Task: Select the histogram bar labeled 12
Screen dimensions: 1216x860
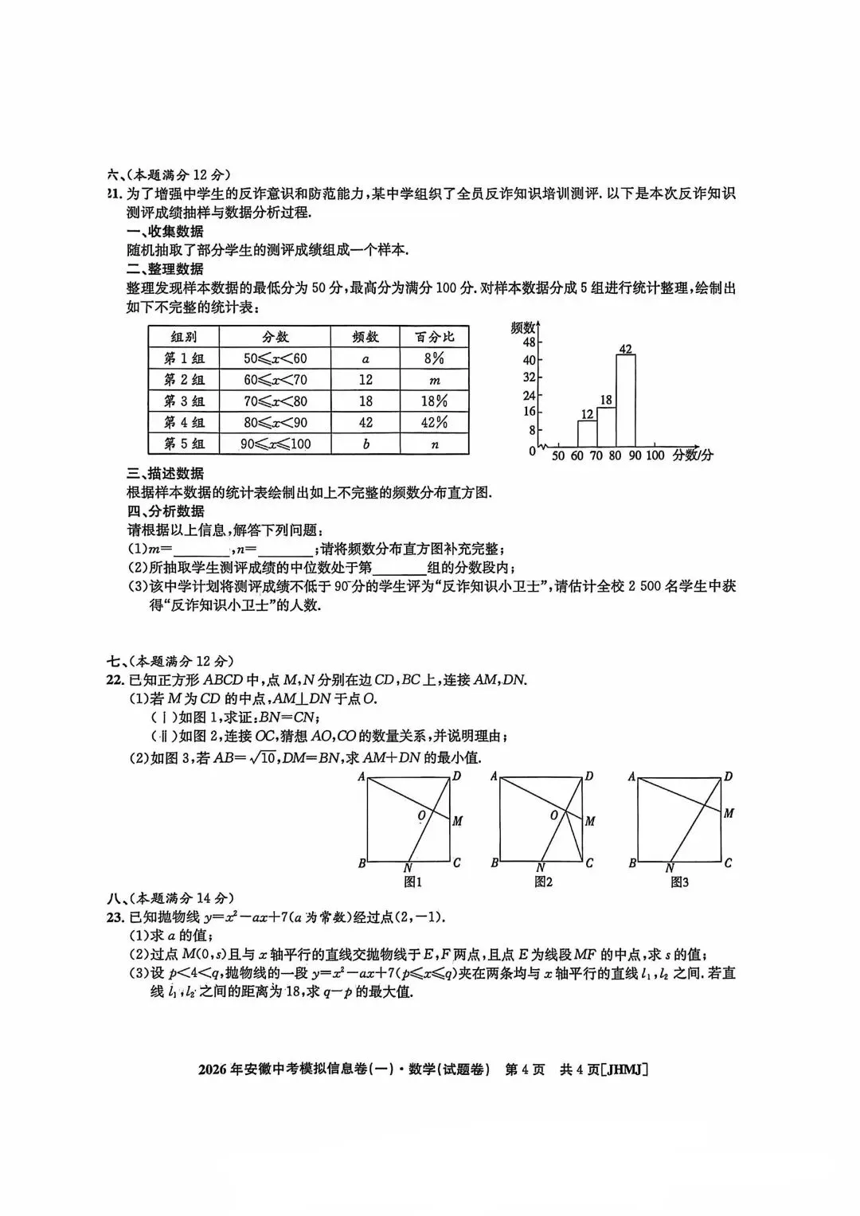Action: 587,433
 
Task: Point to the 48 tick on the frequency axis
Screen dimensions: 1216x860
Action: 529,342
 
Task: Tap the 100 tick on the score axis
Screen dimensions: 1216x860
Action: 654,456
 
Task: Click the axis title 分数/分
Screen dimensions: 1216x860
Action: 693,456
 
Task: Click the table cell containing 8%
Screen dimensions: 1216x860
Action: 434,358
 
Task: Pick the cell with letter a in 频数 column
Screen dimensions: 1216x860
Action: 365,358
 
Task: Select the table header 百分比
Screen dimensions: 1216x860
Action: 434,337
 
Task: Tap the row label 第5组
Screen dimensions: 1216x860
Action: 184,444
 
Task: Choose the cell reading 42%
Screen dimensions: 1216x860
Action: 434,423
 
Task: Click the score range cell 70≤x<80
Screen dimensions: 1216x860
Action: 275,401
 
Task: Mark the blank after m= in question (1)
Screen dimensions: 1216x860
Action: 201,549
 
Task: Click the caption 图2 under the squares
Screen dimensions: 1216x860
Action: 544,882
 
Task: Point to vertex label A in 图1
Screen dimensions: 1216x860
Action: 361,776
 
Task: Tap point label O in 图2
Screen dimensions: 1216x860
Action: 553,815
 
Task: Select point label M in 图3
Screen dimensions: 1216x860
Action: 729,813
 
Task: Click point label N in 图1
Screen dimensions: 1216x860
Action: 408,868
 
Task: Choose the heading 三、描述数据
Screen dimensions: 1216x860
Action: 166,473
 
